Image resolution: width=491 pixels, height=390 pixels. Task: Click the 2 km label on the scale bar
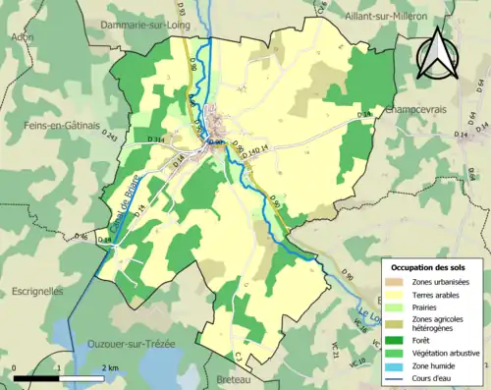point(111,367)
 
